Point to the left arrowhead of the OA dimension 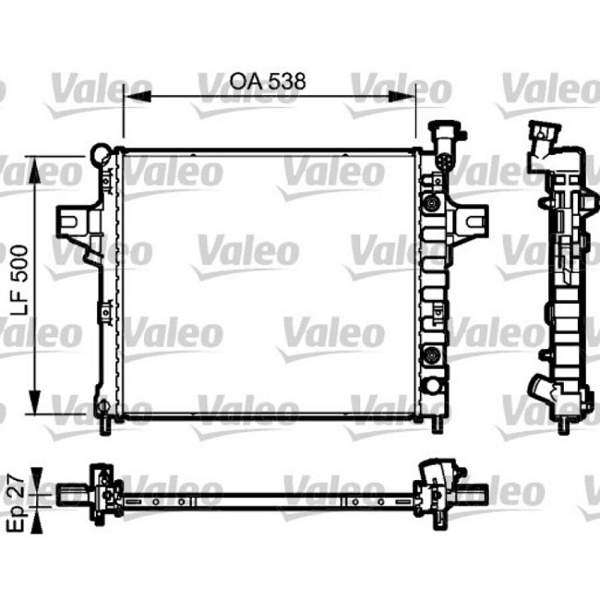[x=129, y=95]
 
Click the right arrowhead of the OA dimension [x=413, y=95]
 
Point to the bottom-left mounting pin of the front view [x=103, y=424]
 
